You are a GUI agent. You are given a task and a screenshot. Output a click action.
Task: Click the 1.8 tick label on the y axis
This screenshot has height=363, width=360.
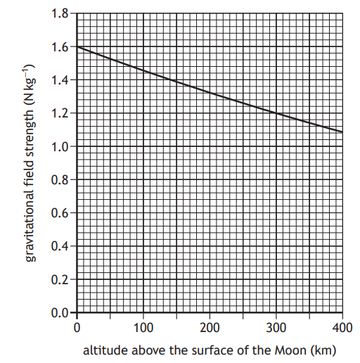tap(61, 13)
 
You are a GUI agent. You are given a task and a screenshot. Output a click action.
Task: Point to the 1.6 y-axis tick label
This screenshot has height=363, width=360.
tap(61, 47)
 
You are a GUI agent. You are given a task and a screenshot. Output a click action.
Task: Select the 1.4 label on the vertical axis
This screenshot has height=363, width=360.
tap(61, 80)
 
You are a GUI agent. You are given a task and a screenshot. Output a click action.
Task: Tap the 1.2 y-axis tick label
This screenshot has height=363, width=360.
tap(61, 113)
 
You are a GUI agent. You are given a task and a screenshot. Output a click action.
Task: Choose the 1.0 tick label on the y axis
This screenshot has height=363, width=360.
tap(61, 146)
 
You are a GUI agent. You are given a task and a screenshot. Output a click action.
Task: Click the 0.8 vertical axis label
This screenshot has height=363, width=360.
tap(61, 179)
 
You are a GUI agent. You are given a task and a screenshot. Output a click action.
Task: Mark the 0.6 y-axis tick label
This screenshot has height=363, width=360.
tap(61, 212)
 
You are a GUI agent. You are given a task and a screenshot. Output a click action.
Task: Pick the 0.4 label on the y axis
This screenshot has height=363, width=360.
tap(61, 246)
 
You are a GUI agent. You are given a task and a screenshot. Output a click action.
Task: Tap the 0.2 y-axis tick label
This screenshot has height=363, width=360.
tap(61, 279)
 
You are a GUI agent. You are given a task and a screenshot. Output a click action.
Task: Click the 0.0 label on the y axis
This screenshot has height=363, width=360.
tap(61, 312)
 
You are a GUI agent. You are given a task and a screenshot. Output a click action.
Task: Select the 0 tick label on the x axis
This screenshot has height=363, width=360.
tap(77, 327)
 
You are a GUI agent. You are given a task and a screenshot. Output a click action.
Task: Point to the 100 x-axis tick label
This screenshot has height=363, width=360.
tap(143, 327)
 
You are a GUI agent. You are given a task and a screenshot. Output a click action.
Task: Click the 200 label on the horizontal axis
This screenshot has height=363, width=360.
tap(209, 327)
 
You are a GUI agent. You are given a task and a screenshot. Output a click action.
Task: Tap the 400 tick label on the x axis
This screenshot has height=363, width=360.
tap(341, 327)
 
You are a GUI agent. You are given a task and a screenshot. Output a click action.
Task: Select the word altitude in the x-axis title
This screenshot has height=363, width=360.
tap(105, 350)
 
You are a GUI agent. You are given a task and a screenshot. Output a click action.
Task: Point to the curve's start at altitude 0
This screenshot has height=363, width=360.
tap(77, 47)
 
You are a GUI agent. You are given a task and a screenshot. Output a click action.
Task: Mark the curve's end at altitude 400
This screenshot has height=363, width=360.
tap(342, 132)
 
